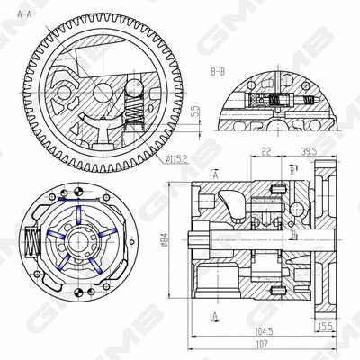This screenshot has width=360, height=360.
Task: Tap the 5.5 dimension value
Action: coord(196,113)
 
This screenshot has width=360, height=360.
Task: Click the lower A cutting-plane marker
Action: coord(214,316)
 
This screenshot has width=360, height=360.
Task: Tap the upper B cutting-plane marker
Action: coord(294,169)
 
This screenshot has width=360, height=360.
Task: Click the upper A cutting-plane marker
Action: coord(214,171)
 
